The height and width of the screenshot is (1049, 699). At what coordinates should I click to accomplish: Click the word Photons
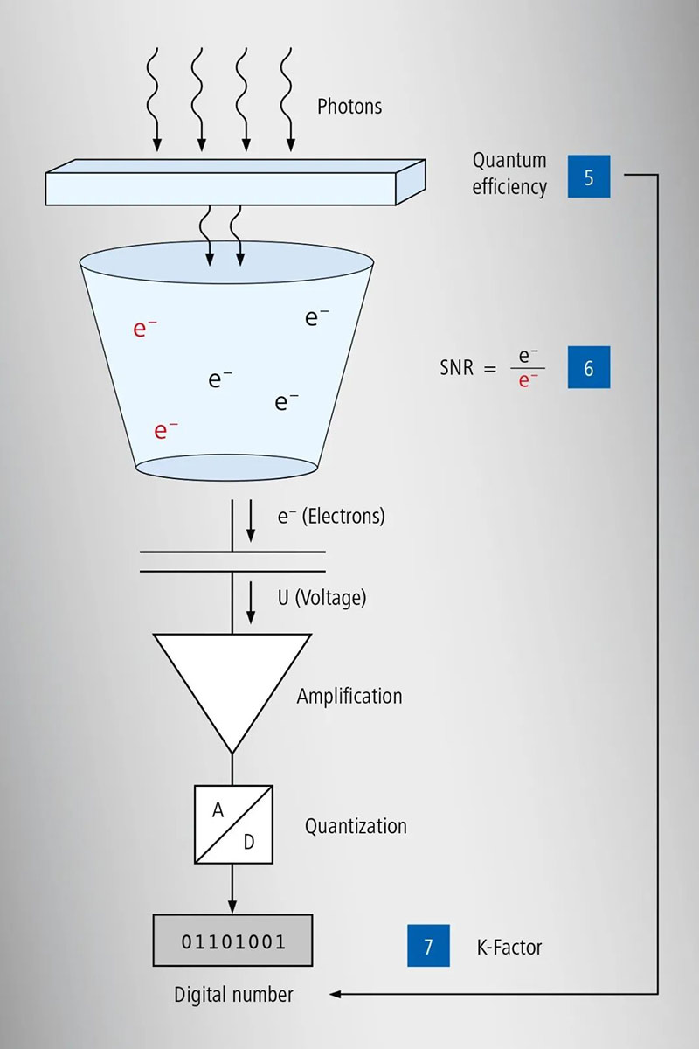349,107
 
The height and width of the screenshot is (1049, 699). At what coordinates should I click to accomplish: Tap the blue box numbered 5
588,177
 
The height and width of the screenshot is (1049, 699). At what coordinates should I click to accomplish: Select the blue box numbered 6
588,367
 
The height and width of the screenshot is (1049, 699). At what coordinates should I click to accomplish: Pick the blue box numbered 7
428,946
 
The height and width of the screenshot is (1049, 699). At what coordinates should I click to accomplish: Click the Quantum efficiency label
509,173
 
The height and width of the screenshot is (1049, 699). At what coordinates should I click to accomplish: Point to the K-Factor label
509,947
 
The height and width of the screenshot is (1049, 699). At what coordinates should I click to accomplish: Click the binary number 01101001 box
233,941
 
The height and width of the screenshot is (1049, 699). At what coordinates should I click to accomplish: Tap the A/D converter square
233,823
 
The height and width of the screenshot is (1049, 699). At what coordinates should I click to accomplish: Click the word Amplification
349,697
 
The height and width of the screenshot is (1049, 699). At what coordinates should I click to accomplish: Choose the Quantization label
356,826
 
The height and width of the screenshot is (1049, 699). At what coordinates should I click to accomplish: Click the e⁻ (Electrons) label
331,516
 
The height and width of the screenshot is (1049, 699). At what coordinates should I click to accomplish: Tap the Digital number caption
233,995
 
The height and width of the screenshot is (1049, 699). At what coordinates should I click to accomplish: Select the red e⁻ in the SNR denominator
528,380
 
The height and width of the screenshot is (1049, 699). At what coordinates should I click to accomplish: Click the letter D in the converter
248,842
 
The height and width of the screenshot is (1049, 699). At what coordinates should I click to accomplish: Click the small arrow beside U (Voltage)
252,605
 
